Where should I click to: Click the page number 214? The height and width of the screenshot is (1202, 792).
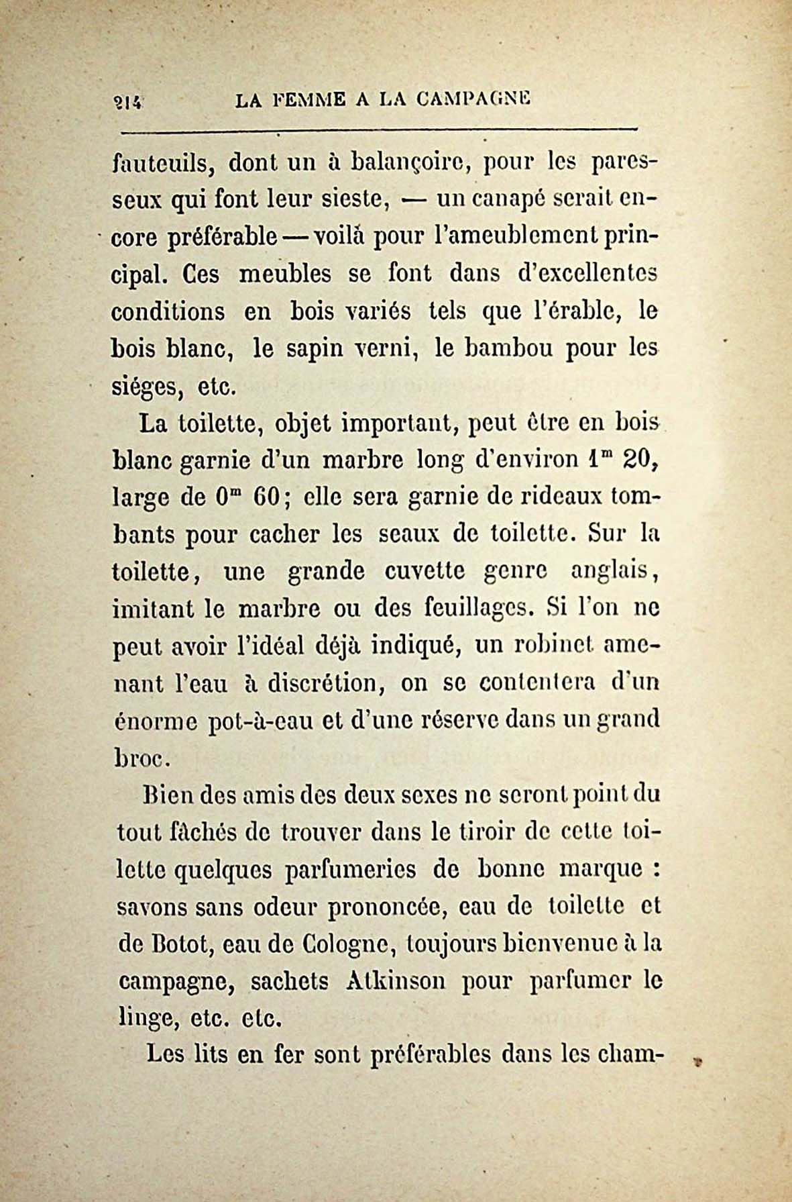[x=126, y=101]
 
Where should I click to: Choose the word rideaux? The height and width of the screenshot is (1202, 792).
[x=551, y=498]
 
